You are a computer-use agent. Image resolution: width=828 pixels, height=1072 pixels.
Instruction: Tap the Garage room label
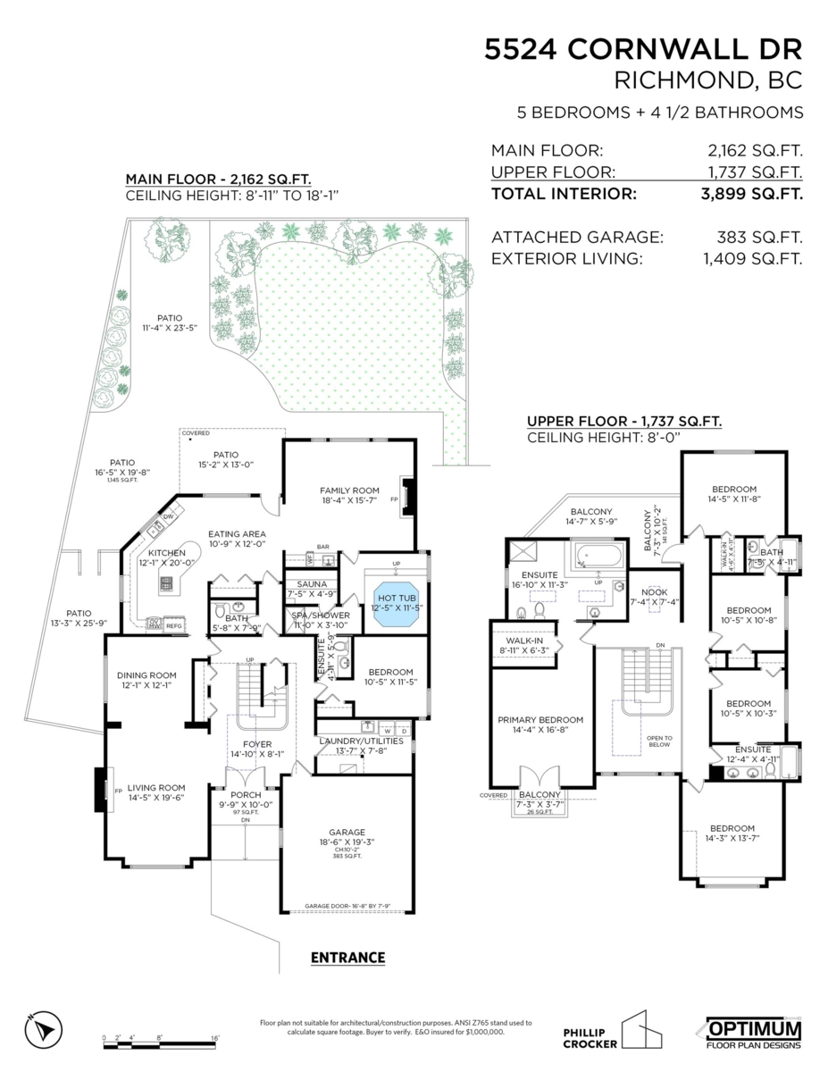pos(347,831)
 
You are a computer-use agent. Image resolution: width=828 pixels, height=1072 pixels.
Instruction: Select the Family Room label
pos(350,490)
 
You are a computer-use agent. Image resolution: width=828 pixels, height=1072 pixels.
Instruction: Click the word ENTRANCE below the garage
pos(347,958)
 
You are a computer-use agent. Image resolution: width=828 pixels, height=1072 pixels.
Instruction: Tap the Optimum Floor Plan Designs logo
pos(754,1032)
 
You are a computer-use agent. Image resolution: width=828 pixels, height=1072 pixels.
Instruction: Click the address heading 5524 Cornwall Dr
pos(643,48)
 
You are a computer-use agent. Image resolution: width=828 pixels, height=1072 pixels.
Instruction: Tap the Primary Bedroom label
pos(540,720)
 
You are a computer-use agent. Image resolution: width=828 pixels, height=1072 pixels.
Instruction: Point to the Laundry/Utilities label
pos(361,741)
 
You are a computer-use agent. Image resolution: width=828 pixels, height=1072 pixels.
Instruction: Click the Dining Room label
pos(146,675)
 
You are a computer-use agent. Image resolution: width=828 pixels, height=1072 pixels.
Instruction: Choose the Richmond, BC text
pos(709,81)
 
